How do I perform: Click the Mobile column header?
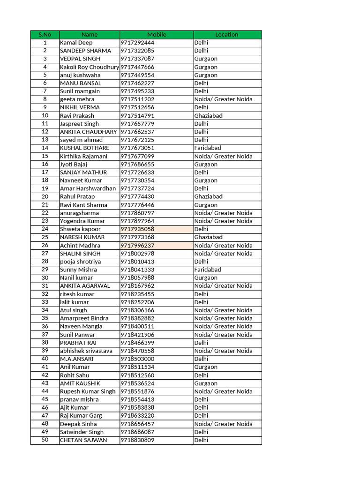click(x=157, y=35)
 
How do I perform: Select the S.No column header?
click(x=45, y=35)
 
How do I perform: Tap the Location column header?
click(x=227, y=35)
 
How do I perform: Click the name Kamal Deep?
click(x=76, y=43)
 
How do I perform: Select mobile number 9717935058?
click(x=137, y=229)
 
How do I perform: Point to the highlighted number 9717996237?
click(x=137, y=246)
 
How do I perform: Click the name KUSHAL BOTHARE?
click(x=84, y=148)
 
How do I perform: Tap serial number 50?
click(x=45, y=440)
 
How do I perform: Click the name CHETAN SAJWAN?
click(x=83, y=440)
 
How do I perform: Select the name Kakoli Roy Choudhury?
click(x=90, y=67)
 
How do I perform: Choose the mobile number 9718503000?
click(x=137, y=359)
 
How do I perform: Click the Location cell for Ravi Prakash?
click(x=209, y=116)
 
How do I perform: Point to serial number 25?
click(x=45, y=237)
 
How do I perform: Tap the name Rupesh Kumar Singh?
click(x=88, y=391)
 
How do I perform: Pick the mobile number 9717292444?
click(x=137, y=43)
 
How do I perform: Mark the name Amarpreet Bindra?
click(x=84, y=318)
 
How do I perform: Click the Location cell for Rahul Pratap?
click(x=209, y=197)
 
